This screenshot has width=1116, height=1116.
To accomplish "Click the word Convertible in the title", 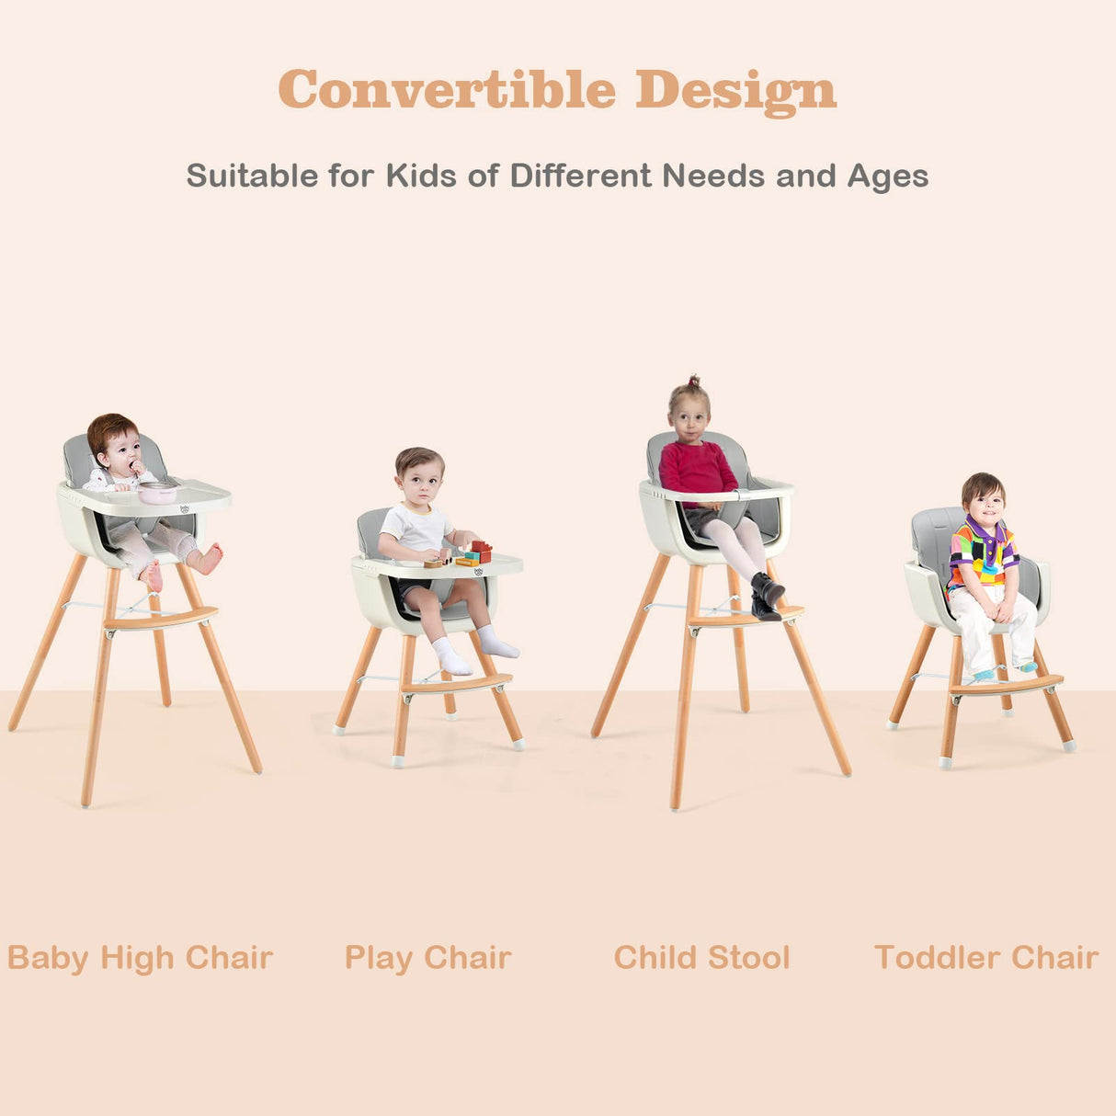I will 447,89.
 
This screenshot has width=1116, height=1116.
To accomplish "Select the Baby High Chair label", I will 140,958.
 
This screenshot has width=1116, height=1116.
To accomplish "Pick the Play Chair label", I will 427,958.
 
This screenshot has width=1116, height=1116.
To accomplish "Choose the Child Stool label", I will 701,958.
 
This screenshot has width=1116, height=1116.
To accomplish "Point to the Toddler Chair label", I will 986,958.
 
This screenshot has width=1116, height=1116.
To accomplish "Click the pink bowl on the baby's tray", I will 157,494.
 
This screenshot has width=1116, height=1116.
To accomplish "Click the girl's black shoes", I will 767,593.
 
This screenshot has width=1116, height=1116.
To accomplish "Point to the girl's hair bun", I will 693,381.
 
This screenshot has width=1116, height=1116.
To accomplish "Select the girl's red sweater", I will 697,471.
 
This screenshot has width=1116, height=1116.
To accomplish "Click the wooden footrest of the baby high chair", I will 161,619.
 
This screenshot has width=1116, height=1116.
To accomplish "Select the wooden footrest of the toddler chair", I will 1007,686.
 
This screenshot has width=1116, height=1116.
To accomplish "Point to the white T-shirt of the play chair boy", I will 416,530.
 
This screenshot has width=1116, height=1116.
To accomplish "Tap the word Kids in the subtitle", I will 421,176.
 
